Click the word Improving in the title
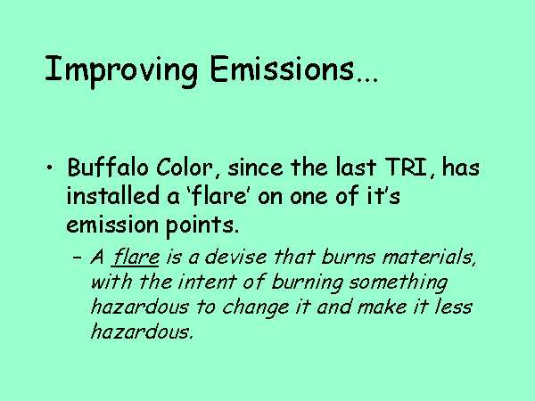[121, 70]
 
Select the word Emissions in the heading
[282, 69]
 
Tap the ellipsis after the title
[367, 80]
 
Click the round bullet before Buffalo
[50, 168]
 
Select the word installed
[113, 196]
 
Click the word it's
[383, 196]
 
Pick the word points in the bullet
[202, 225]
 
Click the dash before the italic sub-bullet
[78, 258]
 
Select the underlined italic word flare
[136, 257]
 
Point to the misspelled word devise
[235, 257]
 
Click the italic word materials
[429, 258]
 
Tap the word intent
[206, 282]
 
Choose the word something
[398, 283]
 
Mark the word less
[454, 307]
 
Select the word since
[255, 168]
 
